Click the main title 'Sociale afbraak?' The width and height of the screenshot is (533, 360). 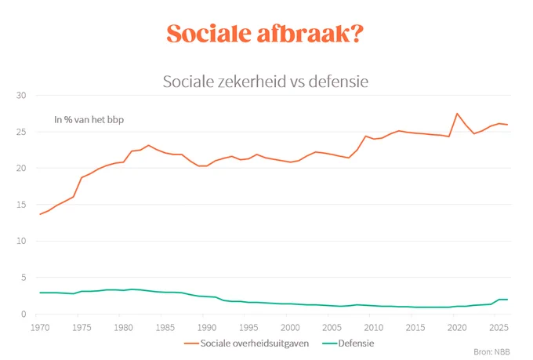(x=265, y=34)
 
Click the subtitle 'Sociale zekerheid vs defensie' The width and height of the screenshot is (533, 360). (x=266, y=82)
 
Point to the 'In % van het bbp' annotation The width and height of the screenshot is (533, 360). (x=89, y=120)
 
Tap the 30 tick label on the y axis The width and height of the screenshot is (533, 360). (x=21, y=95)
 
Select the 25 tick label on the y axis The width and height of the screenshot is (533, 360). (x=21, y=132)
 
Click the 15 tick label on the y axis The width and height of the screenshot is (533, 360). (x=21, y=205)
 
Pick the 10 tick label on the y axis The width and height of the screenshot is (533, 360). (x=21, y=241)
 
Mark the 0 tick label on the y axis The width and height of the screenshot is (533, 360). (x=24, y=314)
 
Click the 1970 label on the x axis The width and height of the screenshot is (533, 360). (x=40, y=327)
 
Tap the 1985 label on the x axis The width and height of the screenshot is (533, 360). (x=165, y=327)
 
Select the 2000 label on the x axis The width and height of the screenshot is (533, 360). (x=290, y=327)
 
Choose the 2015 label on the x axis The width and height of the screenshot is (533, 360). (x=415, y=327)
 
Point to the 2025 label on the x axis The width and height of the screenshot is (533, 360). (x=499, y=327)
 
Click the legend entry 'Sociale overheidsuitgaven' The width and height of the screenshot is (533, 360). (x=246, y=344)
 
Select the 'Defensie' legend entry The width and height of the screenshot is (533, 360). (x=348, y=344)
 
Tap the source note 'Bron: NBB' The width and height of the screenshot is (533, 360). (x=491, y=352)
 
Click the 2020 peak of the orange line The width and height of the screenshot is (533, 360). (x=457, y=113)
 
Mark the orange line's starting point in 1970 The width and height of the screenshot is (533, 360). (x=40, y=214)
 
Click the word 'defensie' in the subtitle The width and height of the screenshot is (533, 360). (x=339, y=82)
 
